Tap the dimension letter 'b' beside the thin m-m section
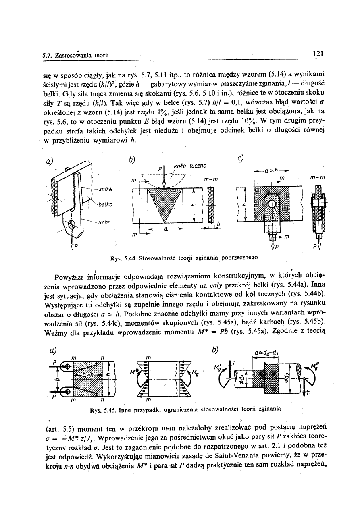(x=218, y=223)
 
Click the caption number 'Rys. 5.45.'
(x=102, y=409)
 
